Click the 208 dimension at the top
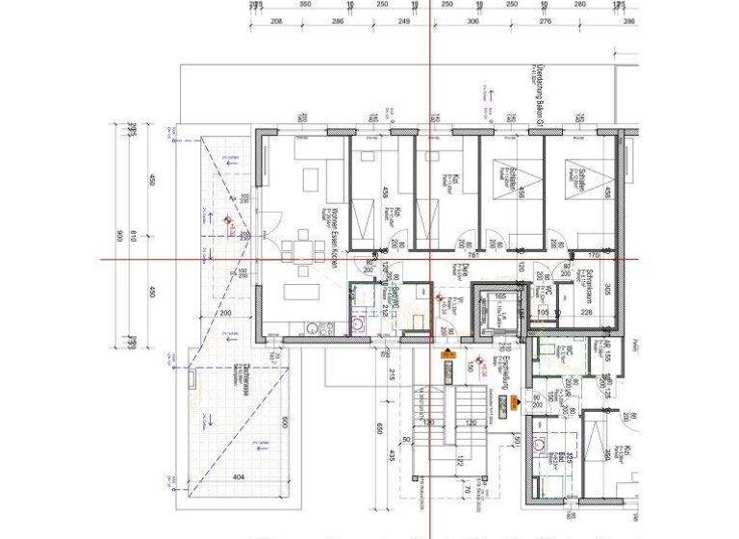click(277, 20)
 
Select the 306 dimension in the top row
click(471, 20)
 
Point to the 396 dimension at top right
click(629, 20)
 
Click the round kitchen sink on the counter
click(358, 325)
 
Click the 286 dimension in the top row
click(338, 20)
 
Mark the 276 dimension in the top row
click(545, 20)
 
